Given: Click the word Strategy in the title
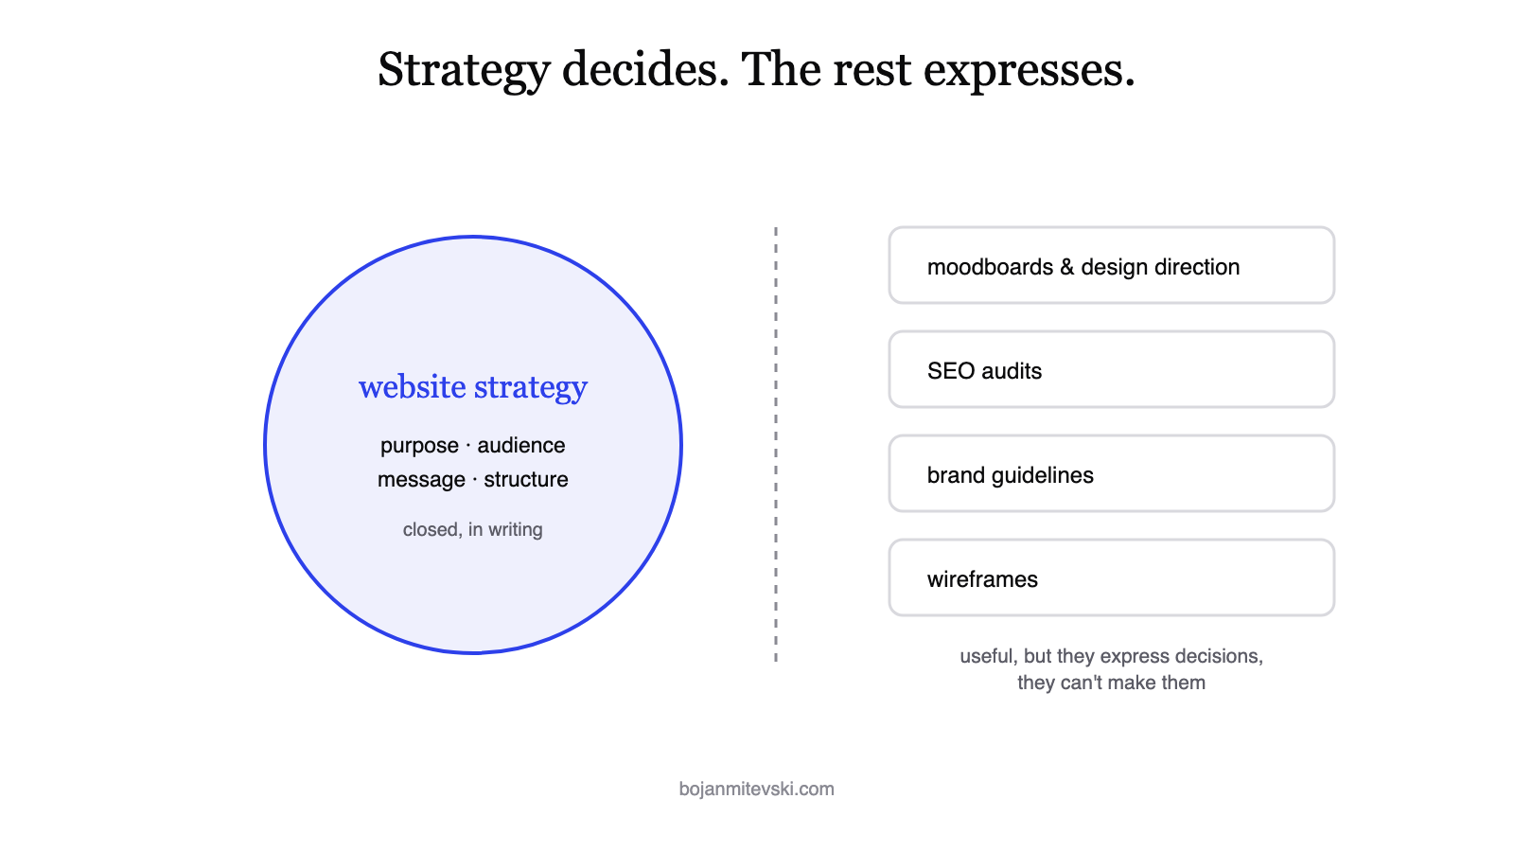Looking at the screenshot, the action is point(464,70).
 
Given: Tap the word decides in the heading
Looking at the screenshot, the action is point(645,69).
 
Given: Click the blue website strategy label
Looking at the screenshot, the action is point(472,387).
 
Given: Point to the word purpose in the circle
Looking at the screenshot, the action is point(419,446).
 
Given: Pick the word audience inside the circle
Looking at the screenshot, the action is point(521,445).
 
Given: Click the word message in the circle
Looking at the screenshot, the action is point(421,479).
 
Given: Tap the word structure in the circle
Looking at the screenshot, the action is point(526,479).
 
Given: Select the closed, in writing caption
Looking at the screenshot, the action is point(472,529).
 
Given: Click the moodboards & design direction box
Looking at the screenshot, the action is point(1111,265).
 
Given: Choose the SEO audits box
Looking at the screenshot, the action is point(1111,369).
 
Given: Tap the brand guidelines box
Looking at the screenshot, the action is point(1111,473).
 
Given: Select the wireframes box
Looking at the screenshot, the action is point(1111,577).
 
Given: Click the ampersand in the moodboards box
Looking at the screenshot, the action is point(1067,267).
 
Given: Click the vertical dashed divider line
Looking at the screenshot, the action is point(776,444).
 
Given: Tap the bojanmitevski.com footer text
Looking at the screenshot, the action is point(756,790).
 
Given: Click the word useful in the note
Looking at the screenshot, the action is point(987,657).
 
